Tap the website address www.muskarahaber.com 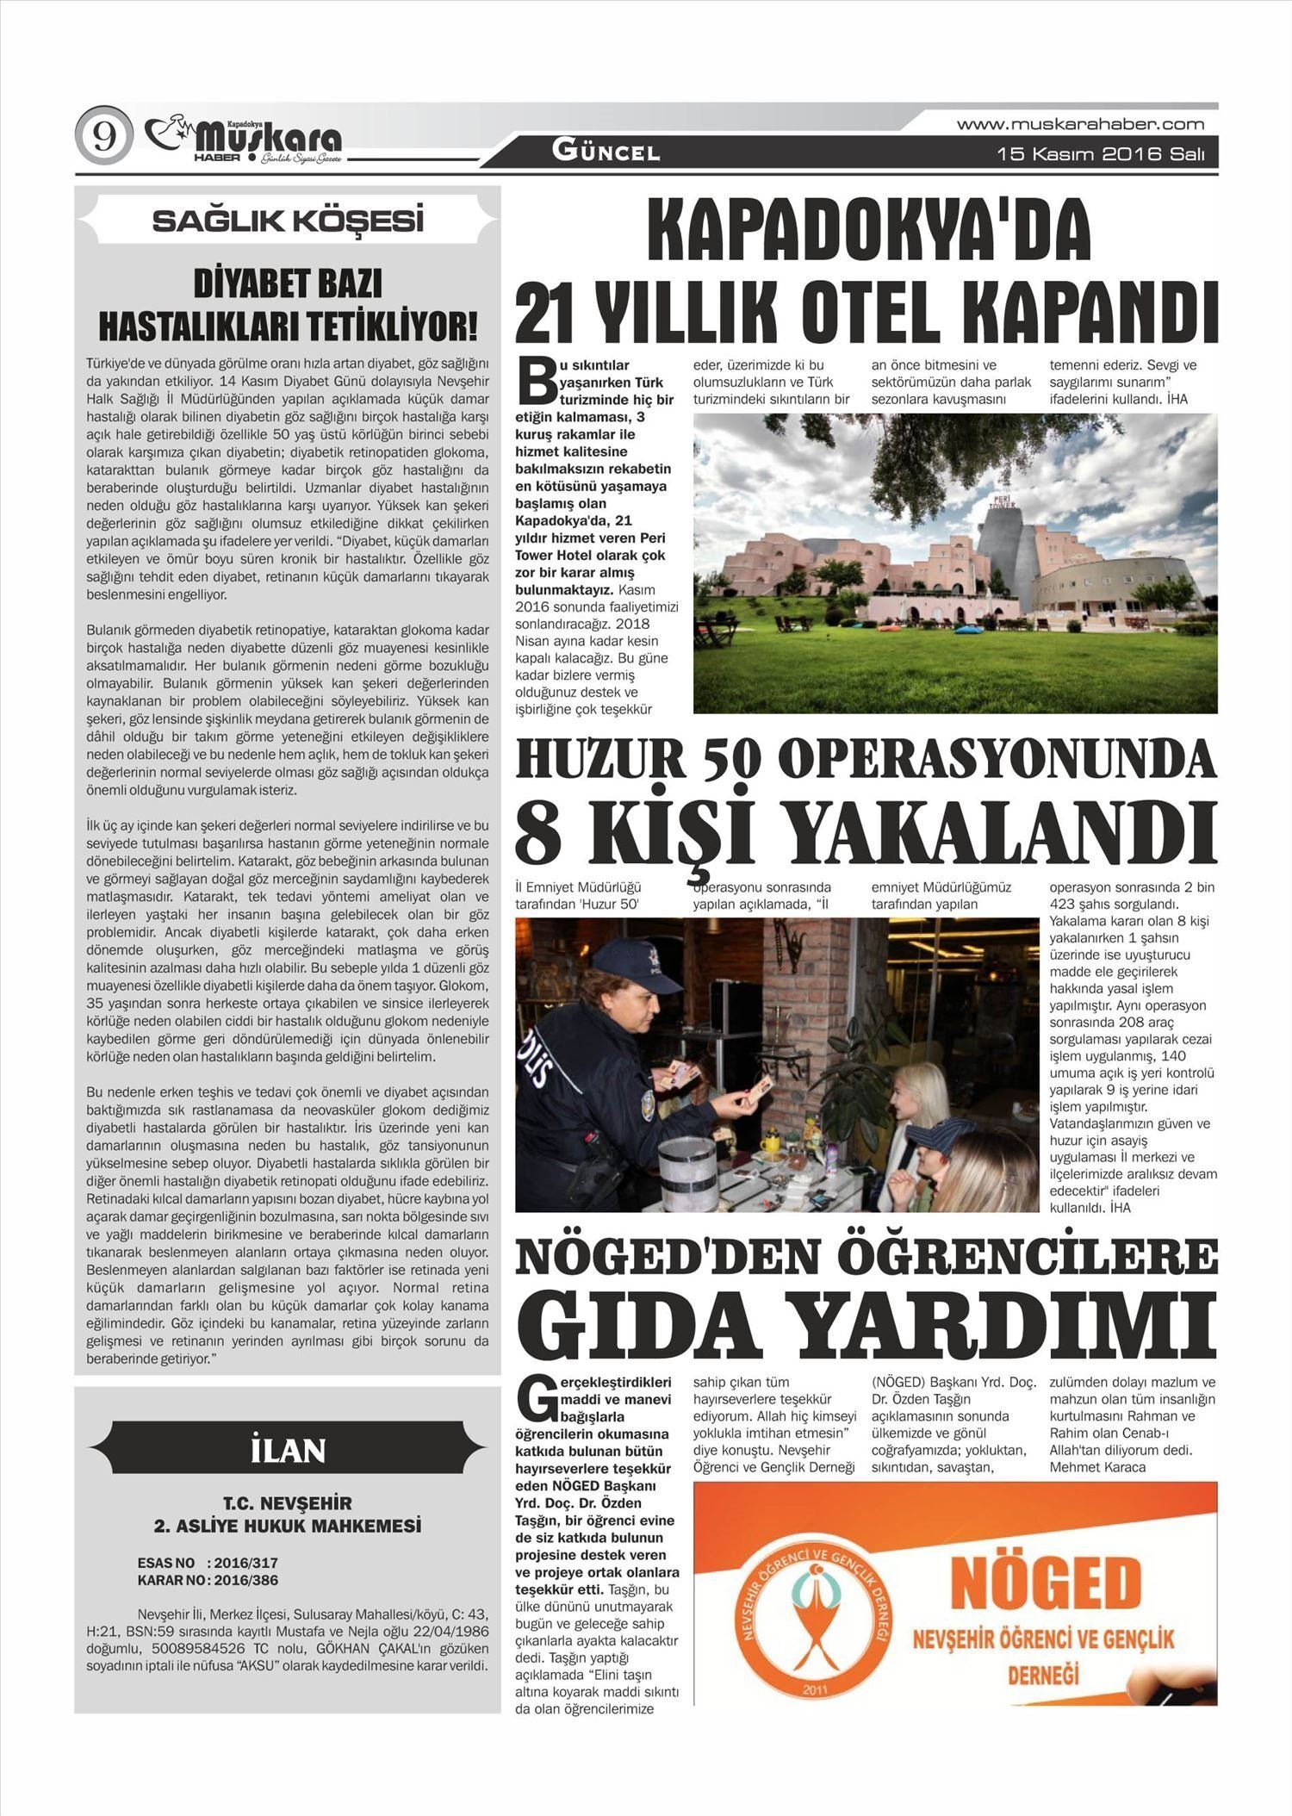tap(1080, 125)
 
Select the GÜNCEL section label tap(606, 152)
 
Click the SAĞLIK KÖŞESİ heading tap(288, 221)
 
